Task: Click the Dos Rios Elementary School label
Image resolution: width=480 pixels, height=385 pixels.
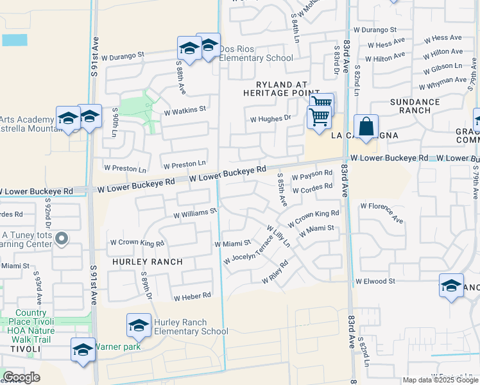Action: click(256, 53)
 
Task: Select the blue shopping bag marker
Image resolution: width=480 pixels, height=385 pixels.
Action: click(366, 127)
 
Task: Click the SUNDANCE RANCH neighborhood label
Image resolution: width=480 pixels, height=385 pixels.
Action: click(415, 106)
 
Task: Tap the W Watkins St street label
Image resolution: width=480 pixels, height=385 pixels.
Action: click(185, 110)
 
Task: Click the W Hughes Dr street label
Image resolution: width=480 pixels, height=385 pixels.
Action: click(270, 119)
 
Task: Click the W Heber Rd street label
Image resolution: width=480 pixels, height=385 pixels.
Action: click(192, 296)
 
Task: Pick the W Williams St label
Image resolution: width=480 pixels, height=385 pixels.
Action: click(191, 210)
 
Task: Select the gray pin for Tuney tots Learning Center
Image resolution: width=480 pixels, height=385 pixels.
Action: click(62, 239)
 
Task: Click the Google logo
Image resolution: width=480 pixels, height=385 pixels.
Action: click(21, 377)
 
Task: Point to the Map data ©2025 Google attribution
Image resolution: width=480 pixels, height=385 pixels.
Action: click(440, 380)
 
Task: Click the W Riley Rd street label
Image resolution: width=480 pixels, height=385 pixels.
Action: click(275, 272)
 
